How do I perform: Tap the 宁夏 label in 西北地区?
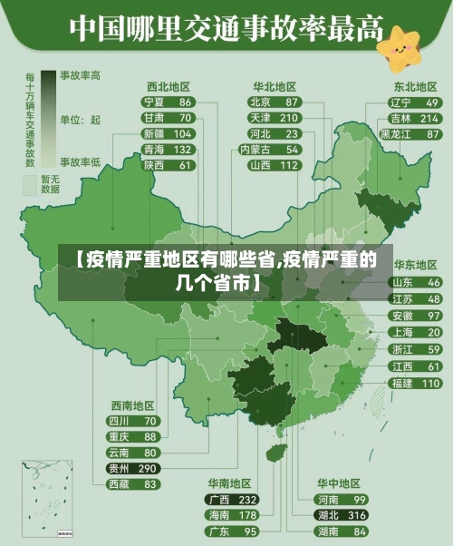coord(154,102)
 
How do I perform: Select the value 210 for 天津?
coord(288,118)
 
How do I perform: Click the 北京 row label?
coord(260,102)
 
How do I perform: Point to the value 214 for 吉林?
coord(429,118)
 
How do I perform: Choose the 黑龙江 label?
coord(396,134)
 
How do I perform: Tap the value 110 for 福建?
coord(430,383)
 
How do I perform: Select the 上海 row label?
coord(401,332)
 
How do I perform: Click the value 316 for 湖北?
coord(356,515)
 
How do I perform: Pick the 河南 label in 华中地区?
coord(327,500)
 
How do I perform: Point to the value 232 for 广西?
coord(247,500)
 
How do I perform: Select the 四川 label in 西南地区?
coord(119,421)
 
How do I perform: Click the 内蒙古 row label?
coord(256,150)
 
